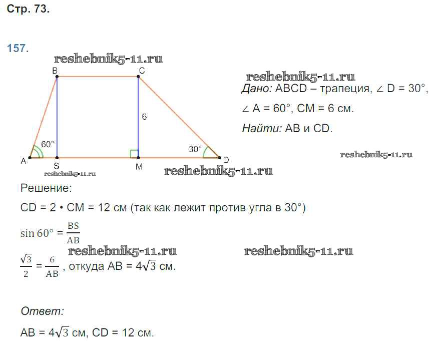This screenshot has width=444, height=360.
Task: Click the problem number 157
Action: click(18, 49)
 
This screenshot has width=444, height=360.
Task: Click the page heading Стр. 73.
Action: click(28, 9)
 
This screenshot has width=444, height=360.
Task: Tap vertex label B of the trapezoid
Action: click(55, 71)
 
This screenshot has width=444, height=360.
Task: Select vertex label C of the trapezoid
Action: click(142, 71)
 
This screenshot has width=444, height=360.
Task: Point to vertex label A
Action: click(23, 161)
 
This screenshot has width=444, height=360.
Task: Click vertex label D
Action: click(226, 160)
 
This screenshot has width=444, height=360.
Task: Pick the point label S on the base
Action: click(57, 166)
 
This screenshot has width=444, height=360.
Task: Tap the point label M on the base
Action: click(139, 167)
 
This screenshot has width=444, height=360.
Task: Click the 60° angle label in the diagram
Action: click(48, 144)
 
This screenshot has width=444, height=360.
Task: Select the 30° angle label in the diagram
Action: click(195, 149)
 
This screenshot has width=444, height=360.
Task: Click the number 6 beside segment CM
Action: click(144, 117)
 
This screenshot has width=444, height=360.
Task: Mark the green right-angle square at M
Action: click(134, 153)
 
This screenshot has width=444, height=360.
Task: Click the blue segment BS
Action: click(57, 118)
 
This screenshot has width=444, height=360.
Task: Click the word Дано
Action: click(257, 89)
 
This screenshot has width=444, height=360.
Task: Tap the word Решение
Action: click(46, 188)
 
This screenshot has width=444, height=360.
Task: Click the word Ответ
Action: click(42, 311)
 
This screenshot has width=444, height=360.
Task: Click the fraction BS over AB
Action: click(73, 233)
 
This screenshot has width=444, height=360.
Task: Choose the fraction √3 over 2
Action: click(26, 266)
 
